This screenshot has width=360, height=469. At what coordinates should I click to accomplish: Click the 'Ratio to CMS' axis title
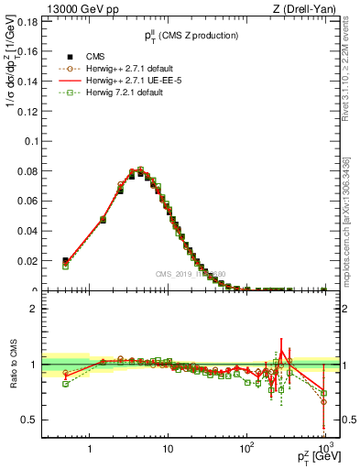click(x=13, y=366)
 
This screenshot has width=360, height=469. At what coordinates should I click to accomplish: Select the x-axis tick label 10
click(x=168, y=448)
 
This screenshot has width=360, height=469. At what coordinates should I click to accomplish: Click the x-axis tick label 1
click(x=90, y=448)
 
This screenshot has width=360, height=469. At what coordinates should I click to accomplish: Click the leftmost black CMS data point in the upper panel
click(x=65, y=262)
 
